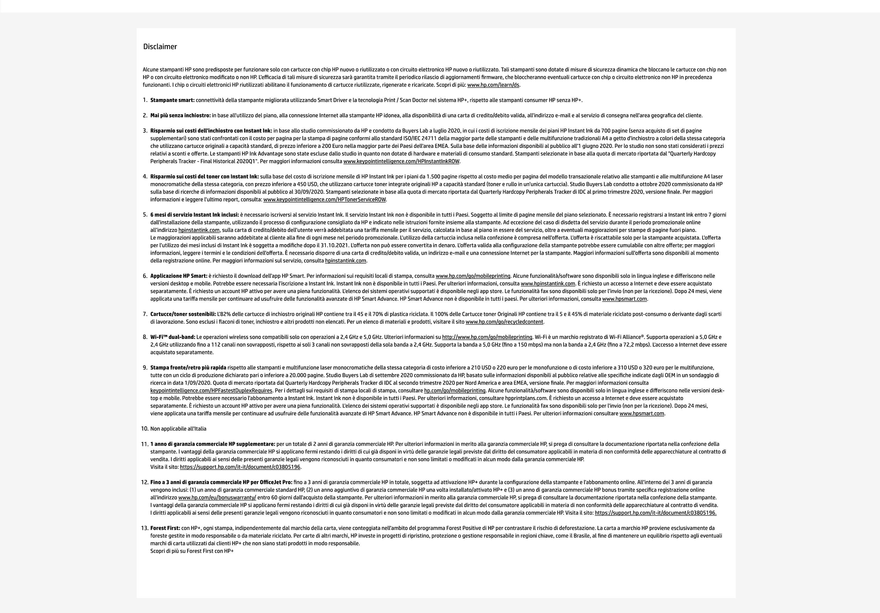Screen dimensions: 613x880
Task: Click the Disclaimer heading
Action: [160, 47]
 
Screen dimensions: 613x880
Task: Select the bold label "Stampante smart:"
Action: [172, 100]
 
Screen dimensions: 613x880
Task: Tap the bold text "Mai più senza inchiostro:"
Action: [180, 115]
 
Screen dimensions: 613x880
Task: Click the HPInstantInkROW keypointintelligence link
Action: [401, 161]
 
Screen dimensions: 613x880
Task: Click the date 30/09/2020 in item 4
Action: [309, 192]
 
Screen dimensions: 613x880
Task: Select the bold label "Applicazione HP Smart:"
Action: [179, 276]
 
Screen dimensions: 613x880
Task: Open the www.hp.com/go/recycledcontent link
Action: [505, 322]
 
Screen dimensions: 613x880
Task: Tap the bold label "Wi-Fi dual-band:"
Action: [173, 337]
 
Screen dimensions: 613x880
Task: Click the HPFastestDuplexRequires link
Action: [211, 391]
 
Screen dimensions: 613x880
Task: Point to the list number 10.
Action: [145, 429]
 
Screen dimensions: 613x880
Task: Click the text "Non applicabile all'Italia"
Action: [178, 429]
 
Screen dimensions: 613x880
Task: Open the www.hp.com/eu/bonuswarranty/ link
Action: [217, 498]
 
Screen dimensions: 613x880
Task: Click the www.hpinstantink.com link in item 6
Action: [548, 284]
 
